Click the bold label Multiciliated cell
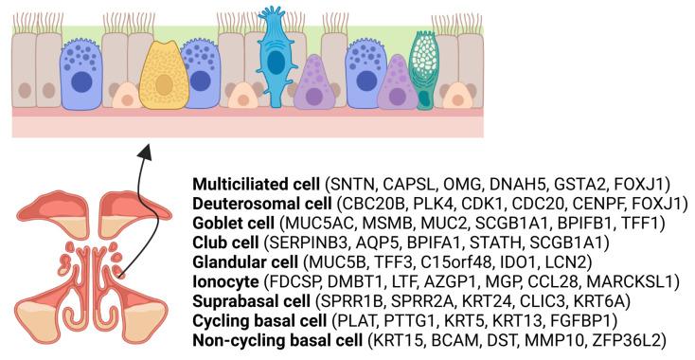pyautogui.click(x=255, y=182)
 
